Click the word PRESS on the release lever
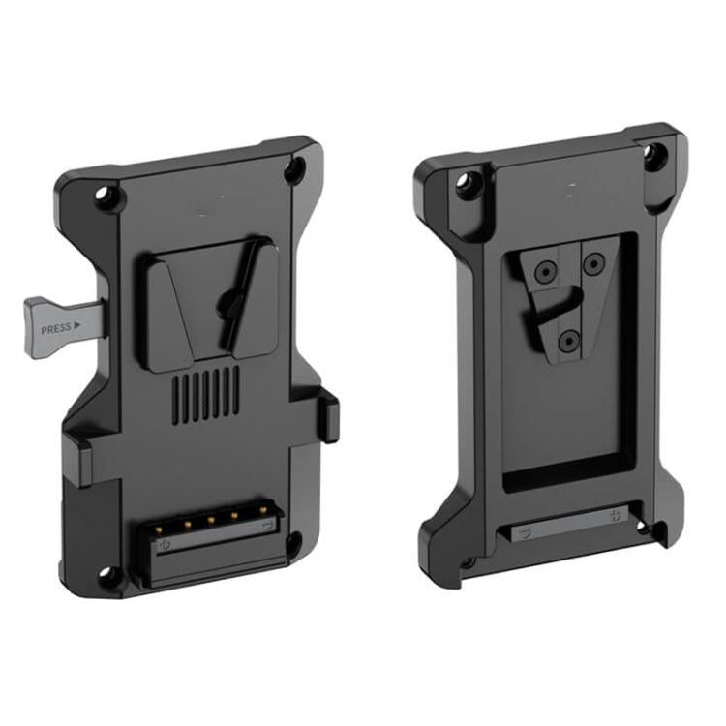pos(55,328)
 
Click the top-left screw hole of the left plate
pos(107,197)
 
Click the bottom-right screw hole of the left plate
pos(292,544)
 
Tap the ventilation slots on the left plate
pos(206,392)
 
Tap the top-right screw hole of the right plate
pos(656,155)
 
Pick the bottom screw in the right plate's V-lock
pos(570,339)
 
